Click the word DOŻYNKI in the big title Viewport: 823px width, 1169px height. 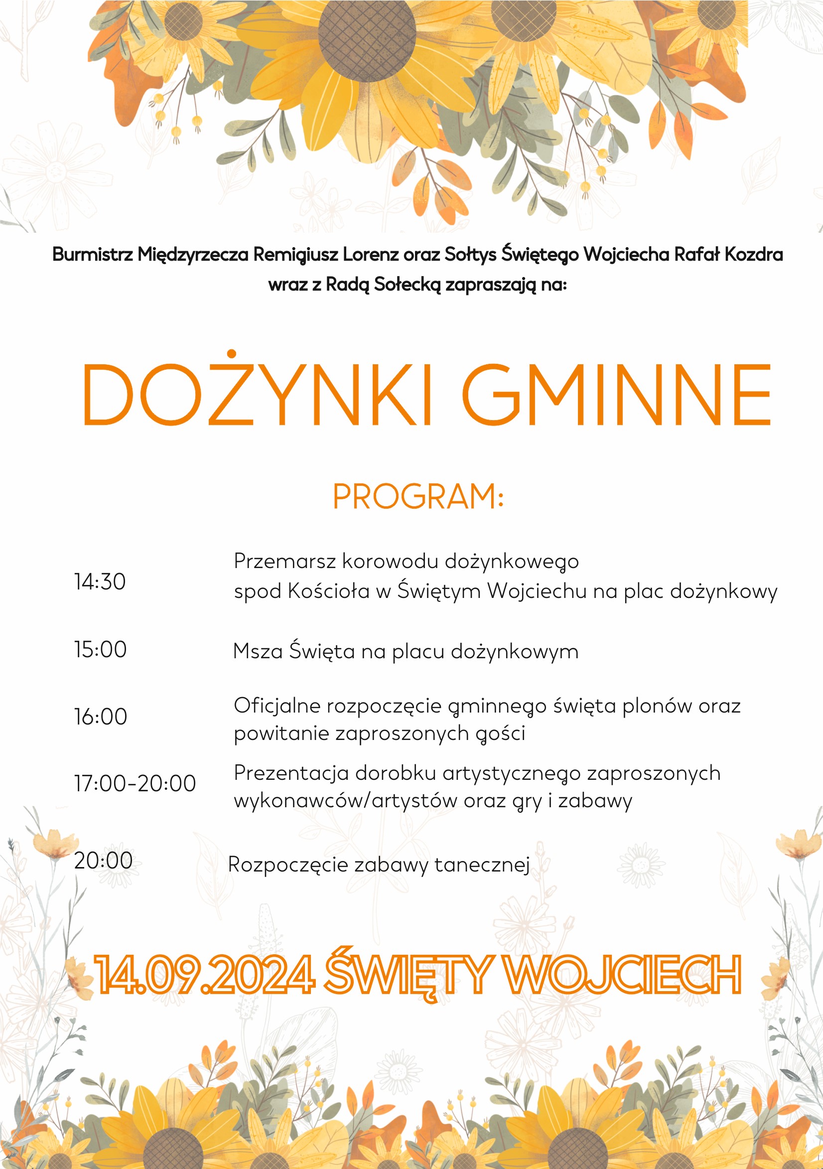point(257,395)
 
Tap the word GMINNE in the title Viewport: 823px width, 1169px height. point(616,395)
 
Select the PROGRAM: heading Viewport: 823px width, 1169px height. point(418,496)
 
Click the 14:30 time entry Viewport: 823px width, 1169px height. point(100,582)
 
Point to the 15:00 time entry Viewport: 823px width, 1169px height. point(100,650)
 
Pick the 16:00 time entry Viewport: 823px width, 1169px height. point(100,717)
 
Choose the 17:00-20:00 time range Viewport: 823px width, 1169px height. point(135,783)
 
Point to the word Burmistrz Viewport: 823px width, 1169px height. point(93,254)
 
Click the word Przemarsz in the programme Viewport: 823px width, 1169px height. point(285,561)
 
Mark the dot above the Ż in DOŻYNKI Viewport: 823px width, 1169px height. point(232,353)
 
